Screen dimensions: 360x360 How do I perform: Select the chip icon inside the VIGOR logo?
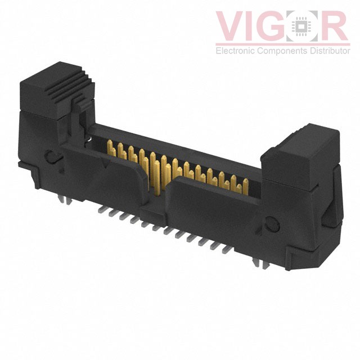[307, 26]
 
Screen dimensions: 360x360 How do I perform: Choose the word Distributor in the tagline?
[328, 51]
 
